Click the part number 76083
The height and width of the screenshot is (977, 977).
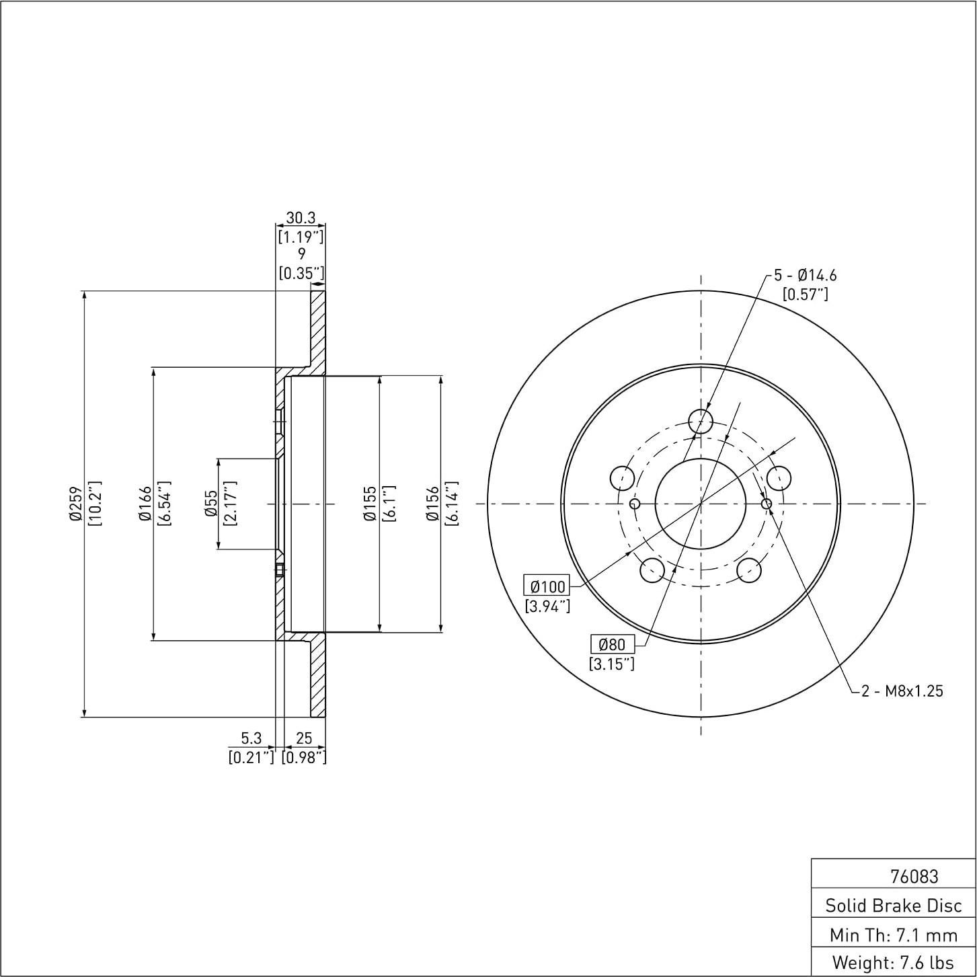[x=914, y=876]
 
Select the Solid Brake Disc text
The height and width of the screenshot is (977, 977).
[x=894, y=905]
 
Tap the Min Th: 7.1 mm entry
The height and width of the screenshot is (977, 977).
[x=894, y=934]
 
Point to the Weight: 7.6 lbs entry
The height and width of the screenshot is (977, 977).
[x=894, y=962]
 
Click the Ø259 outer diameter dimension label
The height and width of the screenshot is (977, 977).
[x=75, y=504]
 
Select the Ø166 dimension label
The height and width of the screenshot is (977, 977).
[x=145, y=504]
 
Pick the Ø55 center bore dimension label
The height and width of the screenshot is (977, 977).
[x=211, y=504]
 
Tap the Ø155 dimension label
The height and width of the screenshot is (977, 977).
[x=369, y=504]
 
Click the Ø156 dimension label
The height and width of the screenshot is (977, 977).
[x=432, y=504]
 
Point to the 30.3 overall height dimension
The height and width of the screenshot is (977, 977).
[x=301, y=218]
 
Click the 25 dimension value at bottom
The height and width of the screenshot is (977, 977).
[x=303, y=738]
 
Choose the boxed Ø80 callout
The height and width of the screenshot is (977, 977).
[x=612, y=644]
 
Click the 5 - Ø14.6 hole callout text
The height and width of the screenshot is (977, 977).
[x=805, y=275]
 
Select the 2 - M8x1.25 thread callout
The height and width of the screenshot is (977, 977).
[x=902, y=691]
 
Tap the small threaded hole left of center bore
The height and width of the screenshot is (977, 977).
[x=634, y=504]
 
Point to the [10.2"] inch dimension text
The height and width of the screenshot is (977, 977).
[x=95, y=504]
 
